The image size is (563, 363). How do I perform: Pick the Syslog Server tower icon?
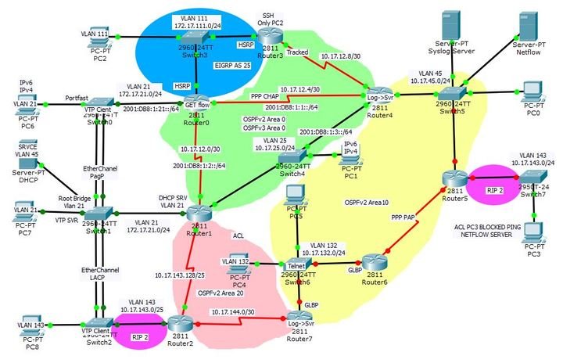[x=452, y=25]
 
